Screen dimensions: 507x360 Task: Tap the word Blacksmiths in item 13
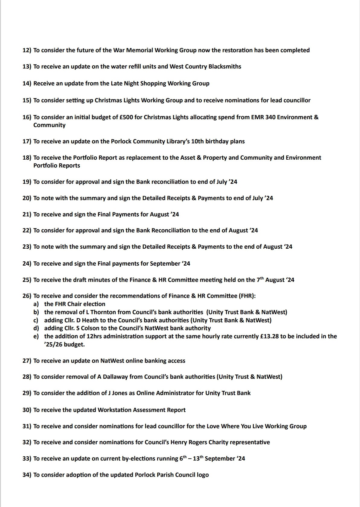(225, 67)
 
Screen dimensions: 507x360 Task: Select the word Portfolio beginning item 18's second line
(46, 166)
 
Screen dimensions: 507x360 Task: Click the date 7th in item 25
(260, 280)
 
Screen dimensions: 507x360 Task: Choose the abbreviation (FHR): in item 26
(247, 296)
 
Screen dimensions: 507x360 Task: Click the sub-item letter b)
(36, 312)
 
